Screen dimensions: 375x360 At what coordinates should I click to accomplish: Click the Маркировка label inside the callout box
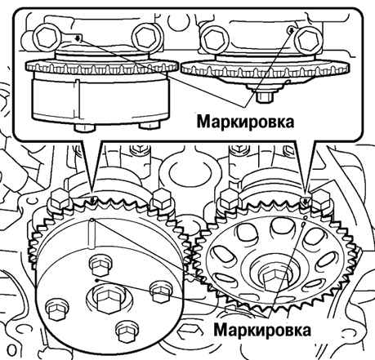click(x=245, y=122)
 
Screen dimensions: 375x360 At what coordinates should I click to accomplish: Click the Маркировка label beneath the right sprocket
click(x=262, y=330)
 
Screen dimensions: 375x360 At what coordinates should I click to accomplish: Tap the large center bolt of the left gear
click(x=108, y=300)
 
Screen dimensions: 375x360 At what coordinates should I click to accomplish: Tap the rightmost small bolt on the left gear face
click(x=161, y=291)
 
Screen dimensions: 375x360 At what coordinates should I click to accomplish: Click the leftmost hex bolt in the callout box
click(x=48, y=38)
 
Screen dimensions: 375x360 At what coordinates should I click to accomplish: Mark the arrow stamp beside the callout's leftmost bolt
click(x=78, y=38)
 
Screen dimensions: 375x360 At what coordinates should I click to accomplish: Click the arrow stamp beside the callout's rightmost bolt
click(x=291, y=29)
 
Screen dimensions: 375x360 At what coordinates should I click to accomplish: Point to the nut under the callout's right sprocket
click(x=265, y=97)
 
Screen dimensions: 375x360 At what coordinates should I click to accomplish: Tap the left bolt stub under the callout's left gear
click(x=85, y=127)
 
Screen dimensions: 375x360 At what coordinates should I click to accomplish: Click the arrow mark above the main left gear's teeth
click(x=93, y=201)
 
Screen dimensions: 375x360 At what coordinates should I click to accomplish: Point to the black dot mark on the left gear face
click(x=96, y=279)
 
